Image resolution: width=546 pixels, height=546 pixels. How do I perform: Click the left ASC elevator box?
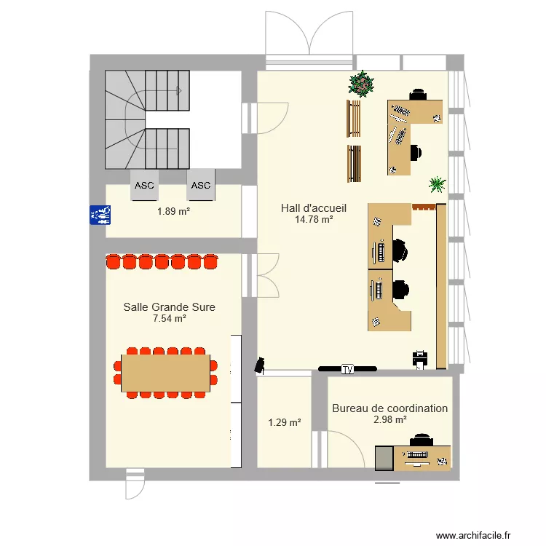(x=144, y=185)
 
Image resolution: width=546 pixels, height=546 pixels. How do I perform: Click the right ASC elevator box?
(x=201, y=185)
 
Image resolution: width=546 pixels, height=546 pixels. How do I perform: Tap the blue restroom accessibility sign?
(x=99, y=213)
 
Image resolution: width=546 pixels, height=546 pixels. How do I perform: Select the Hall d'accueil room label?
(x=314, y=208)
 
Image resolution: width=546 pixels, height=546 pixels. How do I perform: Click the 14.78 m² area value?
(x=314, y=219)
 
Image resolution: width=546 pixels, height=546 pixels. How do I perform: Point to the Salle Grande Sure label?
(x=169, y=307)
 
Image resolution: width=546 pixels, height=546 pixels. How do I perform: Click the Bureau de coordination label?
(x=389, y=408)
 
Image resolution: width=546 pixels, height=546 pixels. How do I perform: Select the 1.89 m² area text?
(x=173, y=212)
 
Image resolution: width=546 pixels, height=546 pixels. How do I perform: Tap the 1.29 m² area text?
(x=284, y=422)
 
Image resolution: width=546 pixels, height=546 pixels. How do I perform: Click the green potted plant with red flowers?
(x=360, y=83)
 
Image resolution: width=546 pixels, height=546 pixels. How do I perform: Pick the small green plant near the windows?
(x=437, y=183)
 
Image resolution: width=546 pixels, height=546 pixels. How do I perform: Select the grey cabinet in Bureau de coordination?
(x=384, y=458)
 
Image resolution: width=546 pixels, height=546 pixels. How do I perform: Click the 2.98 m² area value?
(x=389, y=419)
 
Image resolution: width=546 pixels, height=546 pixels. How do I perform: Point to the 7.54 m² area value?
(x=169, y=318)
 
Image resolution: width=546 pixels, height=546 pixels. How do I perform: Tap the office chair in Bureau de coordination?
(x=421, y=440)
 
